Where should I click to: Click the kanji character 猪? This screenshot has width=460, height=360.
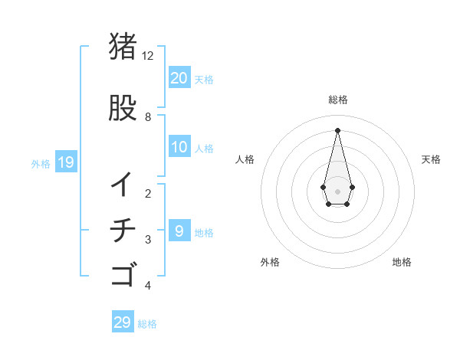click(123, 47)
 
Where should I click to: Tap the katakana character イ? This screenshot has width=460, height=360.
click(123, 184)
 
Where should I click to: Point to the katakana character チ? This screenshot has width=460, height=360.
click(123, 230)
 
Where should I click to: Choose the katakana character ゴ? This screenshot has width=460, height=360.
click(123, 274)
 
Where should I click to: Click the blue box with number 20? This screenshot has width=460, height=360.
click(179, 78)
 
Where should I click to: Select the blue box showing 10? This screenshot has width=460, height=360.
click(179, 148)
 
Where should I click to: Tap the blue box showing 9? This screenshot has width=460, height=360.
click(179, 231)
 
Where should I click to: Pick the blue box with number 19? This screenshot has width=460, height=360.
click(65, 162)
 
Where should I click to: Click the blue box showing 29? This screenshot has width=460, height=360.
click(123, 322)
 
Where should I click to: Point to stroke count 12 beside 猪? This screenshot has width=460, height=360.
click(147, 56)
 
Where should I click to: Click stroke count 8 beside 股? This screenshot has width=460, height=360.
click(148, 117)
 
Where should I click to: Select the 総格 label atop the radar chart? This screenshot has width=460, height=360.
click(337, 100)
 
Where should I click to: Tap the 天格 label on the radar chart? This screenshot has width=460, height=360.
click(431, 159)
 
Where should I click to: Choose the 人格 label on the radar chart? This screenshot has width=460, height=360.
click(245, 159)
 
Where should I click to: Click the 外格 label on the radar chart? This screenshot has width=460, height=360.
click(269, 262)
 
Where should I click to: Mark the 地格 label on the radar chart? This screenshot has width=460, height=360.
click(402, 262)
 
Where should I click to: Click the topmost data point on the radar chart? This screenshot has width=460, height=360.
click(337, 129)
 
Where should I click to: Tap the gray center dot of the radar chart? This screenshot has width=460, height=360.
click(337, 190)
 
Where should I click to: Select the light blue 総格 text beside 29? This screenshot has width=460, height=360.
click(147, 324)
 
